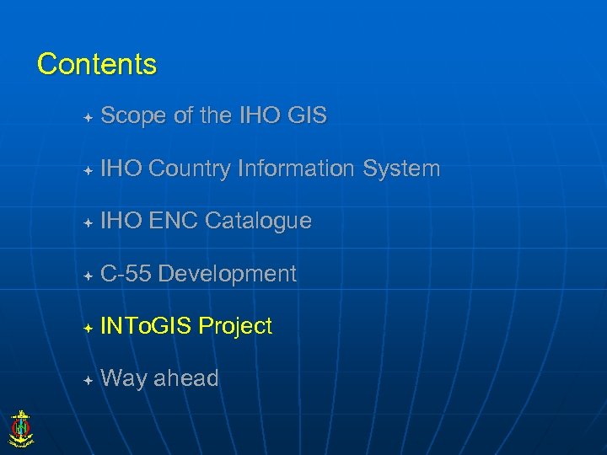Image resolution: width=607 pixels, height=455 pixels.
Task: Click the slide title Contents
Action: coord(97,64)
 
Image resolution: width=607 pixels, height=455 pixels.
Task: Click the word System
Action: coord(401,169)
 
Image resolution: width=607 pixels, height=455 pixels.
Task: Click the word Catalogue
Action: coord(258,222)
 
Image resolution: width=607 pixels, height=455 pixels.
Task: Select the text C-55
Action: coord(126,274)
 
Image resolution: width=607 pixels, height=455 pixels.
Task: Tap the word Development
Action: coord(228,274)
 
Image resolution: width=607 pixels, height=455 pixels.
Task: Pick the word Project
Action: coord(236,327)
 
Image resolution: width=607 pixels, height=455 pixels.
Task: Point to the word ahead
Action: coord(185,379)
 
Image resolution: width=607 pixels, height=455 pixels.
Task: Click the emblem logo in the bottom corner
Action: coord(20,427)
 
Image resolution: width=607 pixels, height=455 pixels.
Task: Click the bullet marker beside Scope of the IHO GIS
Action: coord(88,117)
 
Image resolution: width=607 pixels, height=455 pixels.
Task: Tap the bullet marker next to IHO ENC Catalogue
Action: coord(88,222)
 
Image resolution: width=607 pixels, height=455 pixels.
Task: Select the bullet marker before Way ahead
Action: coord(88,380)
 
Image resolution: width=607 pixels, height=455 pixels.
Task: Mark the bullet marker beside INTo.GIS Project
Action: coord(88,328)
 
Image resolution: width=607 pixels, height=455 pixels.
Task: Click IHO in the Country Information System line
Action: coord(121,169)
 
